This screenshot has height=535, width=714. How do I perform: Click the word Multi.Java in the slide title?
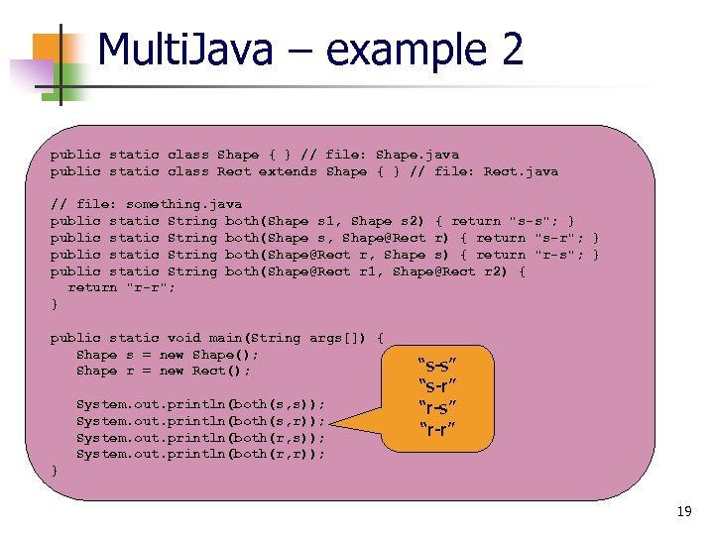coord(185,51)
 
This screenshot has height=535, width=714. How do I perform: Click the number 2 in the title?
coord(511,51)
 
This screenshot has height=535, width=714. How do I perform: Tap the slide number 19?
coord(683,511)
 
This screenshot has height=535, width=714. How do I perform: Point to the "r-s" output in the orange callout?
coord(437,406)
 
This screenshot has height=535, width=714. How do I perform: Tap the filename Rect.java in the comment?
coord(521,171)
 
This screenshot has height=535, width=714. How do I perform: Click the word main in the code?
coord(219,338)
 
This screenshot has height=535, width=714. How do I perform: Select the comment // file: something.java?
coord(146,204)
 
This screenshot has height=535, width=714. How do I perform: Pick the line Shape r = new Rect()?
coord(164,371)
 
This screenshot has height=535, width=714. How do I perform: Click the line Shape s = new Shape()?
coord(168,355)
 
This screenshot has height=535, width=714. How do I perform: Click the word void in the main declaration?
coord(183,338)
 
